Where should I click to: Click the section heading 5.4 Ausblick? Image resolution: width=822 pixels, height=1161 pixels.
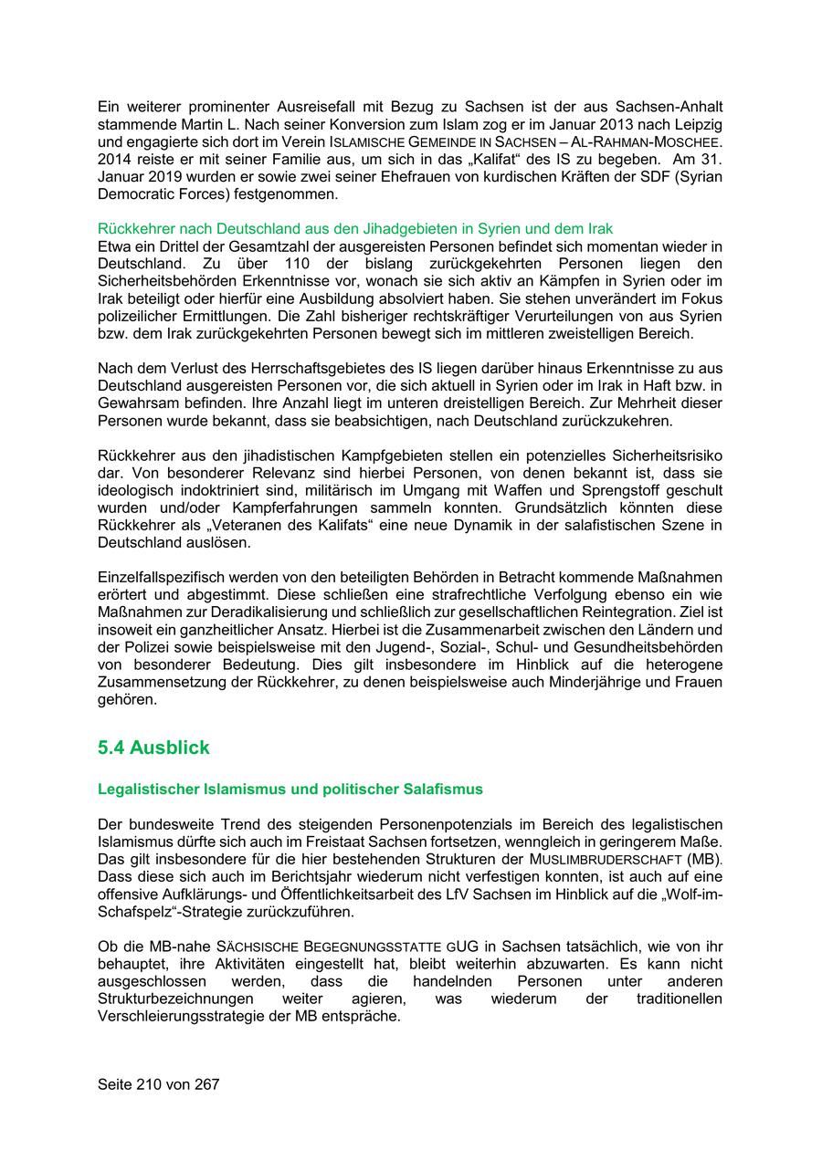point(153,748)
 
